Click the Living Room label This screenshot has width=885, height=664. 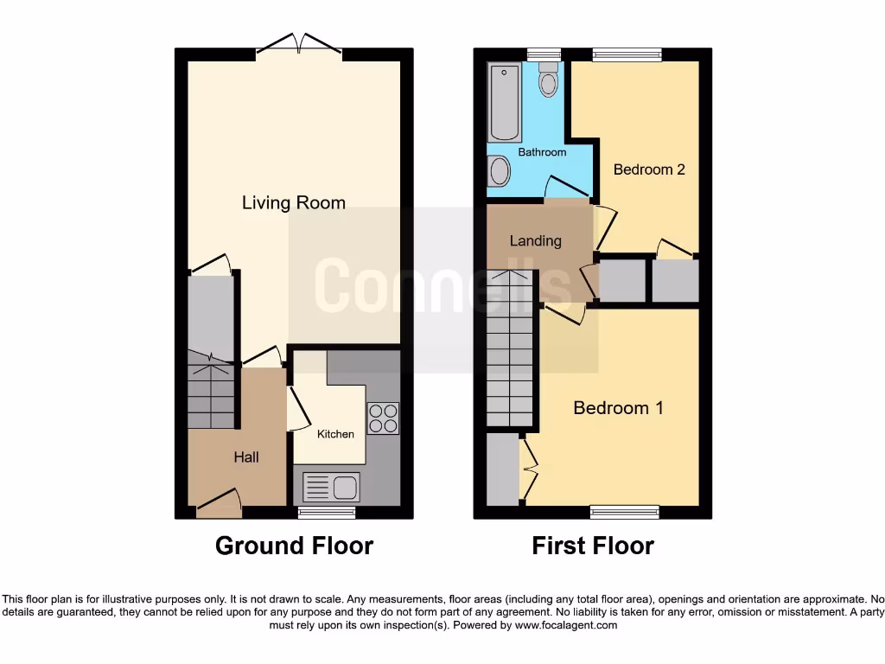point(293,203)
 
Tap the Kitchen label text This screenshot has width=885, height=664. point(335,434)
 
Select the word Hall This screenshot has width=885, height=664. point(245,456)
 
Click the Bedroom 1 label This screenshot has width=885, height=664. point(618,407)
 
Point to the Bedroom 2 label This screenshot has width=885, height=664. point(649,169)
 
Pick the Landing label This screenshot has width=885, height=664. point(535,241)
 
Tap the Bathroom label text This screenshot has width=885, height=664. point(542,152)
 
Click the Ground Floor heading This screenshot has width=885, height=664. point(294,546)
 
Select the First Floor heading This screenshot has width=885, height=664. point(593,546)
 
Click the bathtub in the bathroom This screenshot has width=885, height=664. point(505,103)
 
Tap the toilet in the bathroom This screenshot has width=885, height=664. point(548,80)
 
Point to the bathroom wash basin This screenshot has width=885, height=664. point(498,171)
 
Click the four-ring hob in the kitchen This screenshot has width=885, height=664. point(383,418)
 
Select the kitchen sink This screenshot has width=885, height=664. point(331,488)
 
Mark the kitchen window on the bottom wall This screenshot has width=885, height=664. point(327,513)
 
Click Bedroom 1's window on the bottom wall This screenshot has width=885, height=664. point(624,513)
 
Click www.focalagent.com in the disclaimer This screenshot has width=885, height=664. point(565,625)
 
